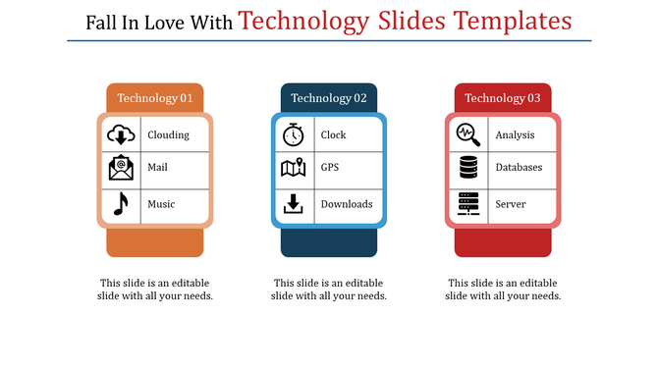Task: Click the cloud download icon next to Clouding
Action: point(121,134)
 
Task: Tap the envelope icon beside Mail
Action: point(121,168)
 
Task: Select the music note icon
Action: point(121,203)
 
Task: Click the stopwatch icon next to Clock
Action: point(294,134)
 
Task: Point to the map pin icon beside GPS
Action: point(294,168)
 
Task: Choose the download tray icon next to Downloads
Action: point(294,204)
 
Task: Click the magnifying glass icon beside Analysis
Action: point(468,134)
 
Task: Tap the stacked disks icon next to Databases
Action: point(468,168)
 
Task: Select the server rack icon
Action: point(468,204)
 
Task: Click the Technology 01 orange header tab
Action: point(154,98)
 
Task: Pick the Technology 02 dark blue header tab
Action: point(329,98)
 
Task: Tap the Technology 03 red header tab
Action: point(503,98)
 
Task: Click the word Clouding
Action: point(168,135)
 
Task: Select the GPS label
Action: point(329,168)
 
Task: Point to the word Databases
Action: point(519,168)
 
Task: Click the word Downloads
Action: point(347,204)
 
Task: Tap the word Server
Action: point(511,204)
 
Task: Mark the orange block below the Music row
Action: point(154,241)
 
